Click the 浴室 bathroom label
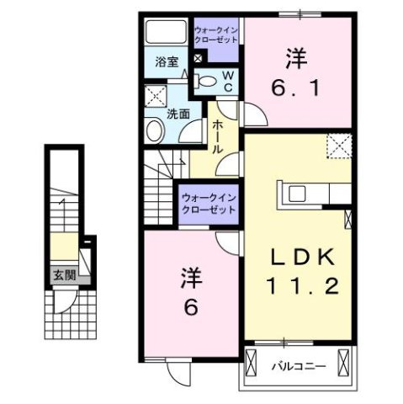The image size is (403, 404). coord(167,61)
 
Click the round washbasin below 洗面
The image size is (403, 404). coord(155,130)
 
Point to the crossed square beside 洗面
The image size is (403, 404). coord(156,95)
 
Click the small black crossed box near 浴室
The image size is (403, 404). coord(198,59)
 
